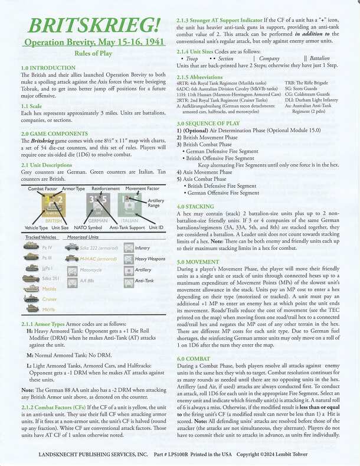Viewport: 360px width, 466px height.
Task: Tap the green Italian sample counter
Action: point(129,206)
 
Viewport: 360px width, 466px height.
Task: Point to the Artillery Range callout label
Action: point(156,204)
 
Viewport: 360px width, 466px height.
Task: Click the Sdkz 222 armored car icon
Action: point(71,247)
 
